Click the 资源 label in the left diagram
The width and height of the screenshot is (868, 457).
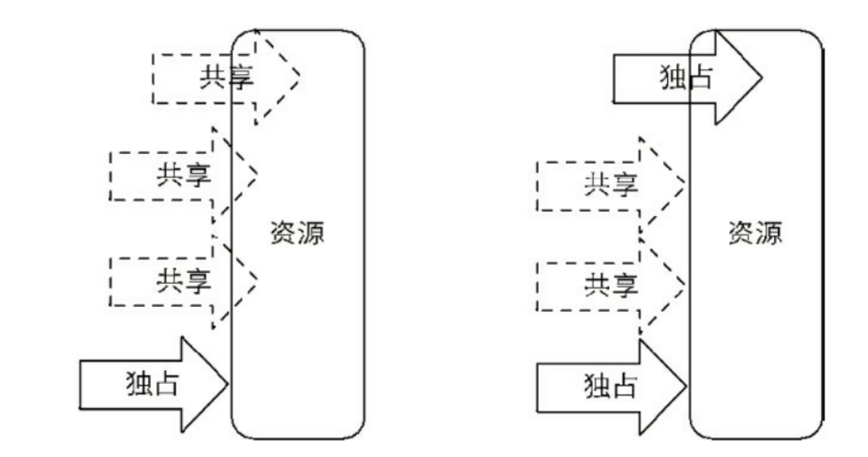coord(297,234)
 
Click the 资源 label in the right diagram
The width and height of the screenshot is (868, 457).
coord(755,234)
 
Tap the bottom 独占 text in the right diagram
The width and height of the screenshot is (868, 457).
coord(609,383)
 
